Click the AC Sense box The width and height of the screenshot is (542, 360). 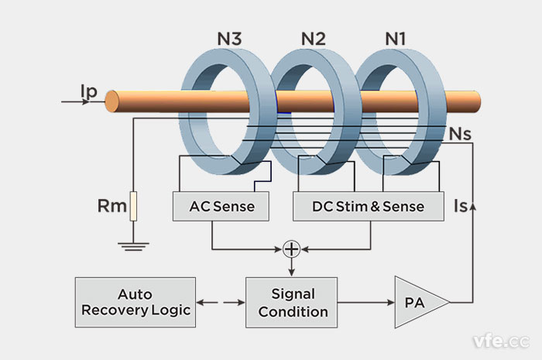coord(212,207)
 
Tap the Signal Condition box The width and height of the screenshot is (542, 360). coord(293,303)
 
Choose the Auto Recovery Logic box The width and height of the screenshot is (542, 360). coord(135,303)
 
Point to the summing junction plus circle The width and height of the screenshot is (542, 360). coord(292,249)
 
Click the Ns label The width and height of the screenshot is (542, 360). coord(461,133)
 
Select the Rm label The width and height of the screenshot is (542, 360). coord(108,207)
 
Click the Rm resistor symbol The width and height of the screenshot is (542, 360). coord(133,207)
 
